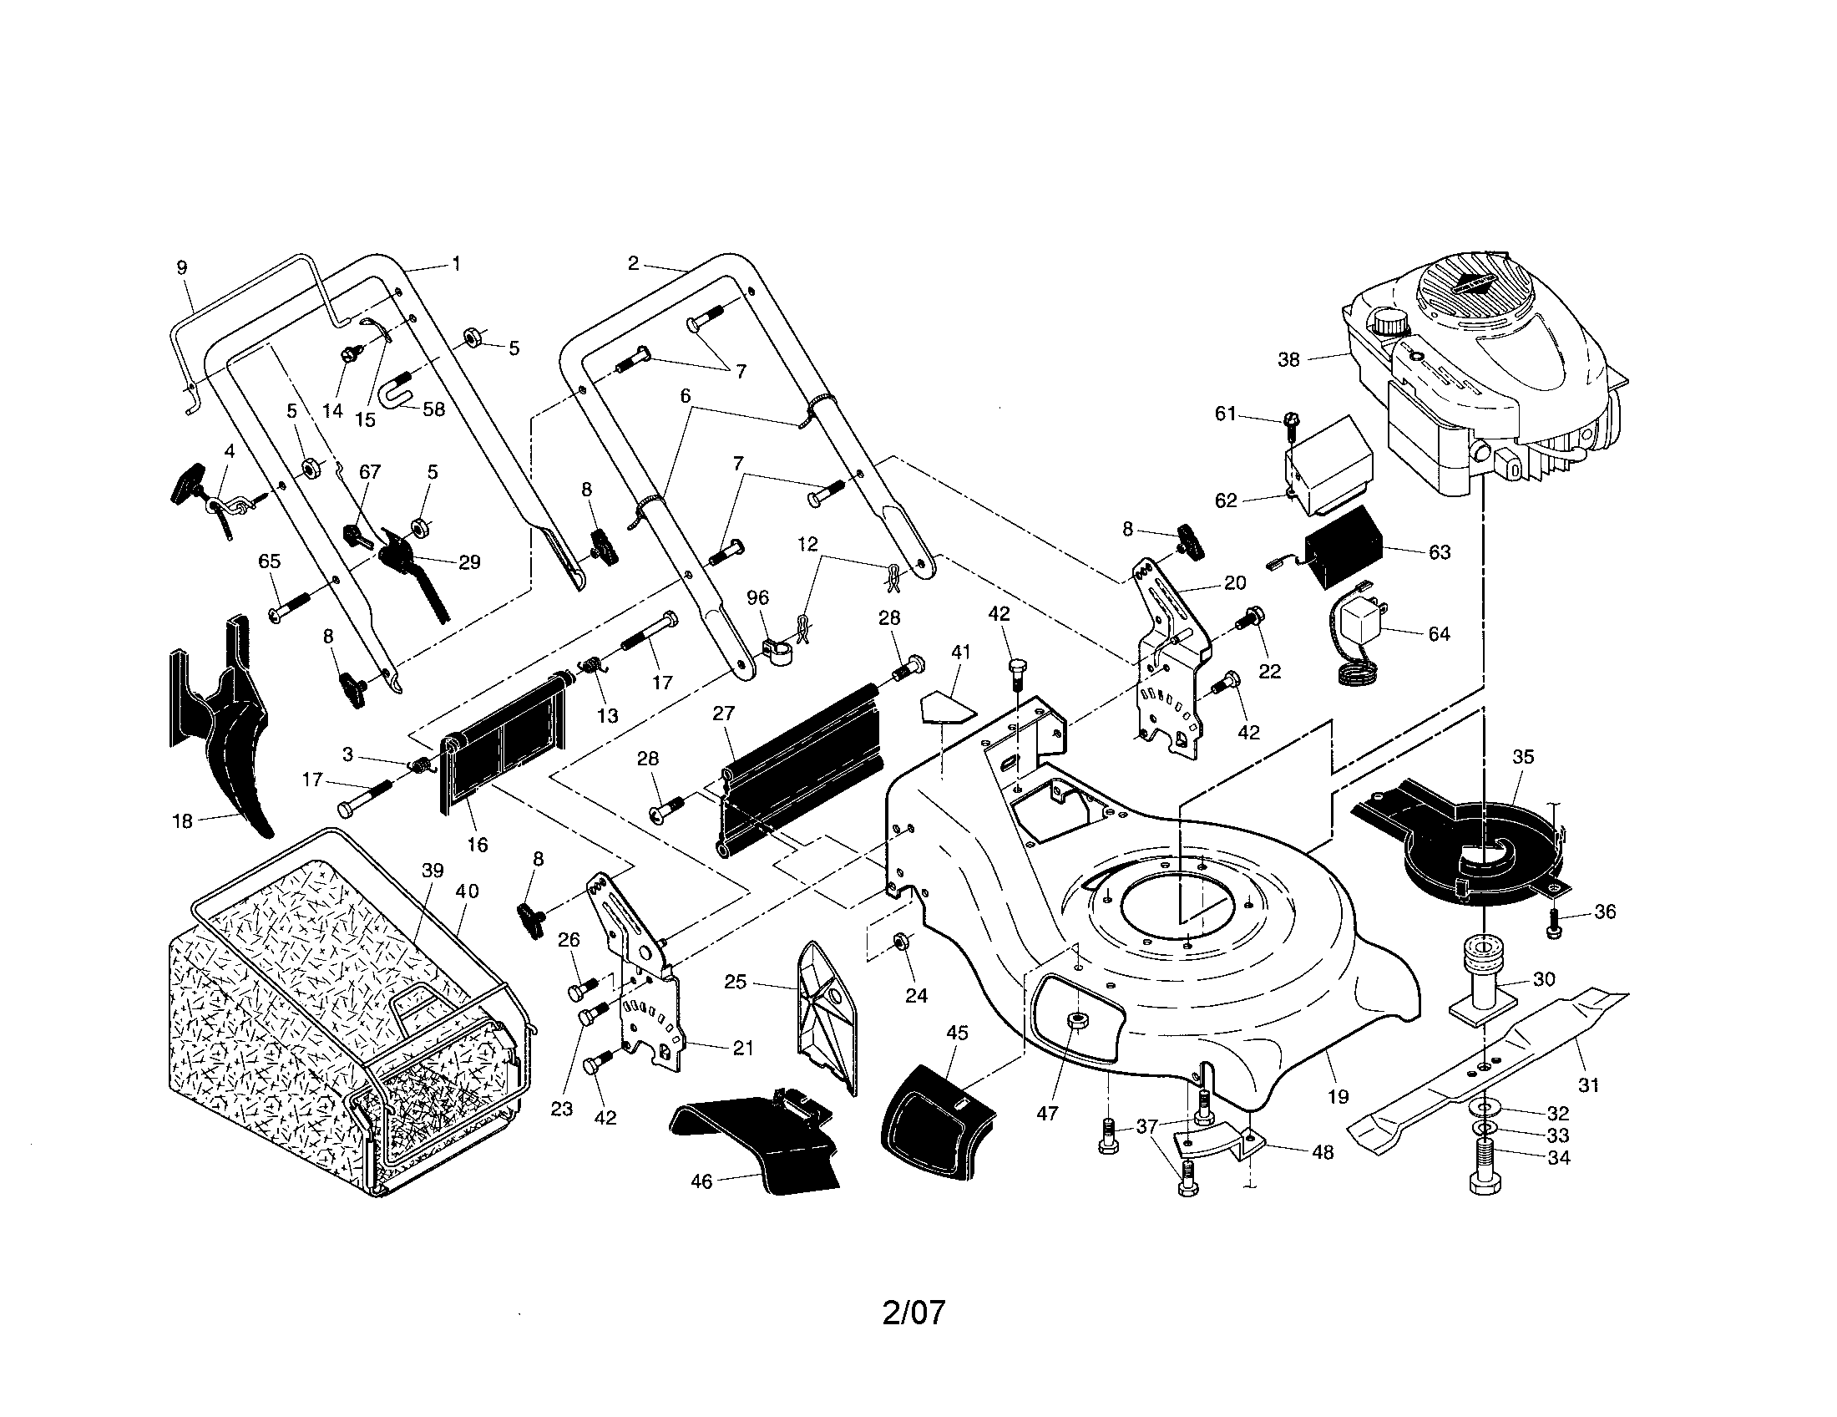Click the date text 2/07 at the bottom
pos(913,1312)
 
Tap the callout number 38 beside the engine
pos(1288,359)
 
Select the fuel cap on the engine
pos(1389,323)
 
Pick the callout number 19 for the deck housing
pos(1338,1095)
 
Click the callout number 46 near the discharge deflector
pos(701,1181)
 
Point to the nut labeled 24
pos(898,941)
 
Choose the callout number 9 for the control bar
pos(182,267)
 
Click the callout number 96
pos(758,597)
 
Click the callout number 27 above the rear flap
pos(723,714)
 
